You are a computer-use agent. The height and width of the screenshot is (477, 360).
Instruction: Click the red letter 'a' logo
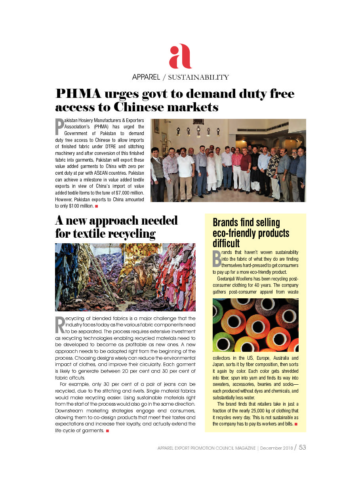click(180, 57)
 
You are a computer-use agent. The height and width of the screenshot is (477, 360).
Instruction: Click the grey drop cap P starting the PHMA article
click(59, 127)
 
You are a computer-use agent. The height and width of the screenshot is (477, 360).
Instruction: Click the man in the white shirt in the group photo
click(185, 170)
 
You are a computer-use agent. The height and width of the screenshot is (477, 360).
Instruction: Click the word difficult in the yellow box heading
click(226, 243)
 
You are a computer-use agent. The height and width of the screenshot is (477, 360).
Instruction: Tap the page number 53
click(302, 447)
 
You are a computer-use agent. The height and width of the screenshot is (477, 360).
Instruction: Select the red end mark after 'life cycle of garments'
click(107, 431)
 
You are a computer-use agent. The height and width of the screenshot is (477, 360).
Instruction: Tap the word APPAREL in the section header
click(146, 77)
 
